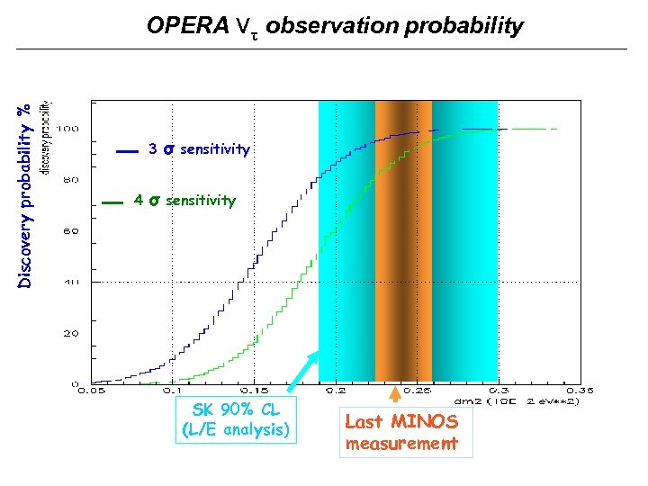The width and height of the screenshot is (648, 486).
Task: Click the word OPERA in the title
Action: tap(187, 26)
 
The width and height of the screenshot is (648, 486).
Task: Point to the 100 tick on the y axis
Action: tap(67, 129)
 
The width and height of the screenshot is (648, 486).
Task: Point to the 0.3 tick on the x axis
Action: tap(499, 391)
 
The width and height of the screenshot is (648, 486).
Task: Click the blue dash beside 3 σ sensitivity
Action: tap(128, 152)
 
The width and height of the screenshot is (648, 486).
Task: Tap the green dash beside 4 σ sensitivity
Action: tap(112, 203)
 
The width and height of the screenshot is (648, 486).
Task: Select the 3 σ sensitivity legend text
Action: tap(199, 149)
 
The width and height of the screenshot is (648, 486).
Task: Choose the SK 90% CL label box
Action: tap(236, 420)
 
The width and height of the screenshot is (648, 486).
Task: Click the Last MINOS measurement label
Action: tap(401, 432)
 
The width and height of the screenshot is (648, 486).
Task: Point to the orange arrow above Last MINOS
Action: tap(394, 394)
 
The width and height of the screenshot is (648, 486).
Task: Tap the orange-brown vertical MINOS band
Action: tap(403, 243)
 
